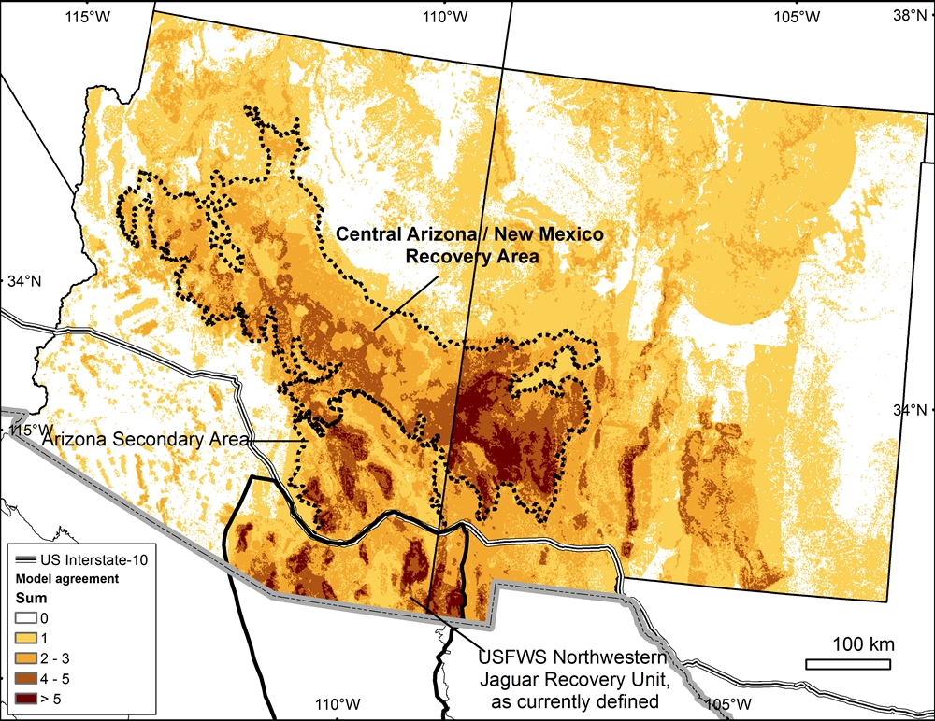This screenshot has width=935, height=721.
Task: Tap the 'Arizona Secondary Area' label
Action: (x=131, y=438)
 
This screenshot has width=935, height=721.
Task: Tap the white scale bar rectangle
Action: (x=851, y=664)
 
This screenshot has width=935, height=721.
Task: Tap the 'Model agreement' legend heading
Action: (x=65, y=579)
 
